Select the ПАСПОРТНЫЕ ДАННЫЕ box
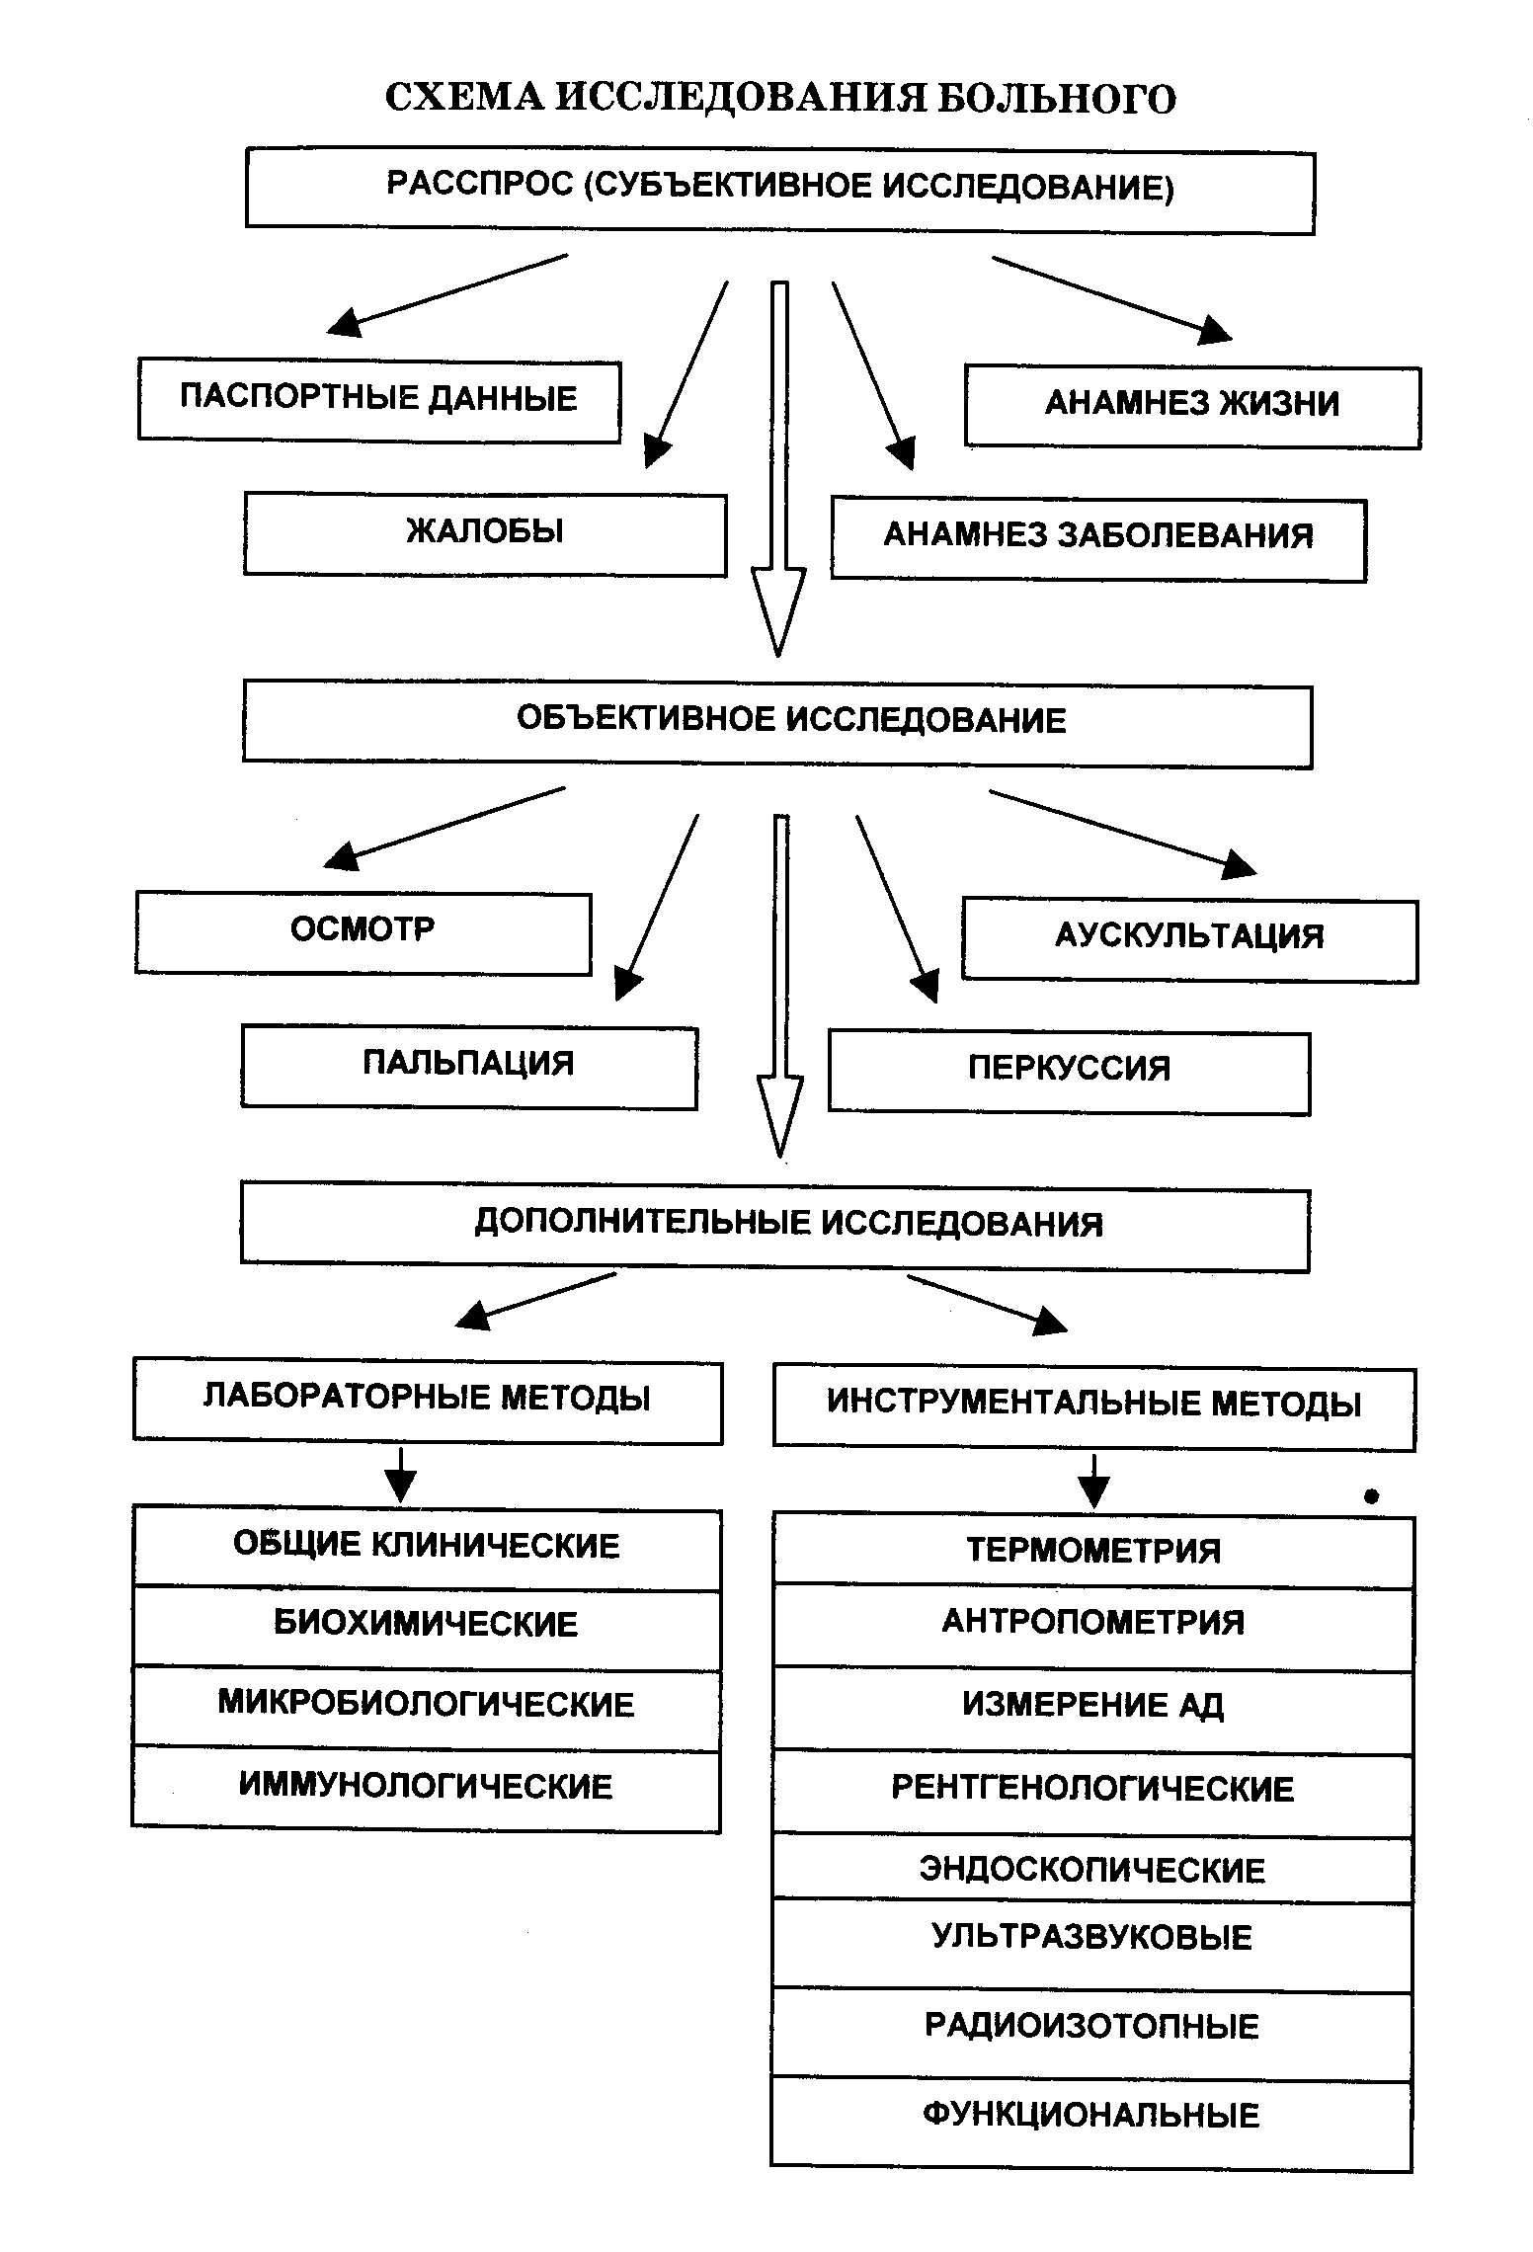379,400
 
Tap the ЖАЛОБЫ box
485,533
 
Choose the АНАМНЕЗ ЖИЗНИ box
1192,406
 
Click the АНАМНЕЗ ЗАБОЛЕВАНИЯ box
1098,539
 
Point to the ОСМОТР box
363,932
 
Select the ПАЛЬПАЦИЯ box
469,1067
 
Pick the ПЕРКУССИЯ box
1069,1073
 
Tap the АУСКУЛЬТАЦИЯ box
1189,939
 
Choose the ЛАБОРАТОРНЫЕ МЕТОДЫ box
428,1401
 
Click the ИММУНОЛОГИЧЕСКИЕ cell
427,1789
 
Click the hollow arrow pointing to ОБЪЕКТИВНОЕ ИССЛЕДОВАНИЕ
779,474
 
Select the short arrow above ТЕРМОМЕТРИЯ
1093,1481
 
